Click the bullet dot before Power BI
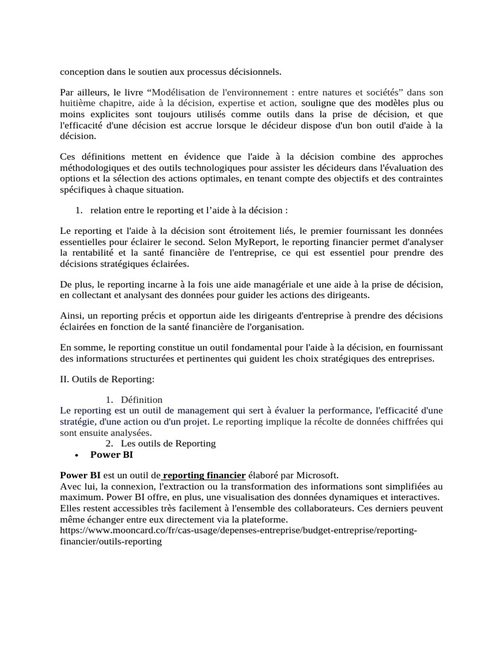(x=77, y=455)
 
